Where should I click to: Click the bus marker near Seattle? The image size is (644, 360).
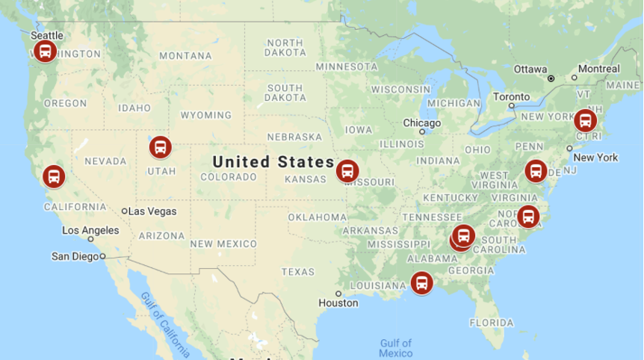pos(45,52)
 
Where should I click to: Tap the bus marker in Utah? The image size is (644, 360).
pos(160,147)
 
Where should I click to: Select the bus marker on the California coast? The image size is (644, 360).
pos(53,177)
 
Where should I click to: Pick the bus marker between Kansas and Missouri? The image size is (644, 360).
pos(347,171)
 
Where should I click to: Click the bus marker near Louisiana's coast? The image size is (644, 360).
pos(422,283)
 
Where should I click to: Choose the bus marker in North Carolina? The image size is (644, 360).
pos(528,217)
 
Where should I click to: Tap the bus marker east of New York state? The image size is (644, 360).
pos(585,120)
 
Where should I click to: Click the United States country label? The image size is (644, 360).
pos(273,161)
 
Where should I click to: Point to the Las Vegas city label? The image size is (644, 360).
pos(152,211)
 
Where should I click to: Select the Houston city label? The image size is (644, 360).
pos(338,302)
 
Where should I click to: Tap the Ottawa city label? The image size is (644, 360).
pos(530,69)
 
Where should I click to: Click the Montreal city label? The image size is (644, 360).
pos(599,69)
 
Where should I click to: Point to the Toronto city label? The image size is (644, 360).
pos(512,97)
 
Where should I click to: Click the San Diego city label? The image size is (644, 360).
pos(75,256)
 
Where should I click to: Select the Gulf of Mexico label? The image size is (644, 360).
pos(395,348)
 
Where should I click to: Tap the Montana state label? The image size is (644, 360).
pos(185,55)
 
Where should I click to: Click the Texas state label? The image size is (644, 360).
pos(298,271)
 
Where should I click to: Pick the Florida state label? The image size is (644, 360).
pos(492,323)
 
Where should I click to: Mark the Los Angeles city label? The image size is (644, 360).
pos(90,230)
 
